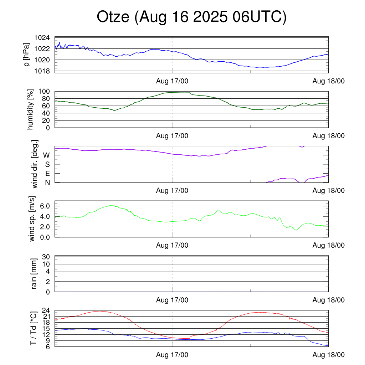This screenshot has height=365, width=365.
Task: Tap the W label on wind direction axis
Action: click(46, 155)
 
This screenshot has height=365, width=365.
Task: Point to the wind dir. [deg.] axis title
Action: click(35, 164)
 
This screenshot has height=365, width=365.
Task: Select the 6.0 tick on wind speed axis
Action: click(45, 206)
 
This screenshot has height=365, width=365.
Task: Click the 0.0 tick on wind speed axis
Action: click(45, 237)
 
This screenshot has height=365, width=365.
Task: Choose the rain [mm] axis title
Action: click(34, 274)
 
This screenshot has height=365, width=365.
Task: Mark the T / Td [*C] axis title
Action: click(33, 328)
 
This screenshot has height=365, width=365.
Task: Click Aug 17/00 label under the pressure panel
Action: click(172, 81)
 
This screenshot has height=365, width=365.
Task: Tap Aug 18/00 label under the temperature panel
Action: click(329, 355)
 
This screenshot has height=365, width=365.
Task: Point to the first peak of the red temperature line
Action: click(99, 311)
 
